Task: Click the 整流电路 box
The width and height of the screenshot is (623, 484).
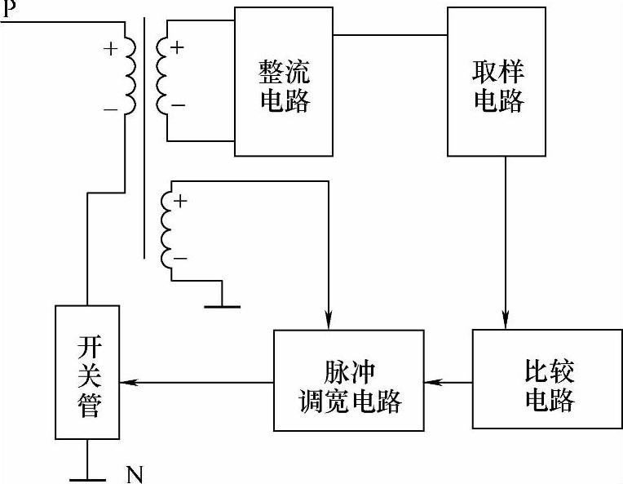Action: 284,82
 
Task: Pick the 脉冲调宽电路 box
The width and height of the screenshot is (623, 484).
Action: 350,380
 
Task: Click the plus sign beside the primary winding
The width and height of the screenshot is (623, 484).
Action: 110,47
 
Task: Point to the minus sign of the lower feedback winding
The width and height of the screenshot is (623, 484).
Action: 181,259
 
